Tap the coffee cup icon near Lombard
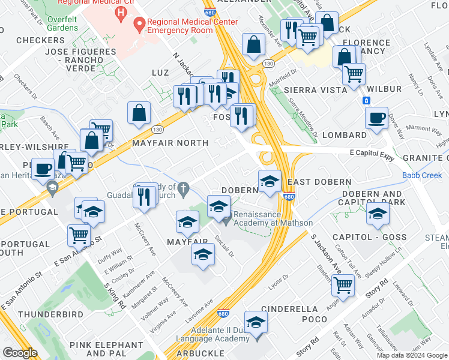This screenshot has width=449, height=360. coord(377,119)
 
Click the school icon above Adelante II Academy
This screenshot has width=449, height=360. coord(256,323)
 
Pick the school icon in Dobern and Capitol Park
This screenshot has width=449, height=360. coord(377,214)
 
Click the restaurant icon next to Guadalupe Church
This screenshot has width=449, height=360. coord(144,197)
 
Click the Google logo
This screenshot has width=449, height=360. coord(19,353)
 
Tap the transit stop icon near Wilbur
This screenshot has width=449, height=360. coord(366,100)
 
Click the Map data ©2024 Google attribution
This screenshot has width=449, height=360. coord(412,355)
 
